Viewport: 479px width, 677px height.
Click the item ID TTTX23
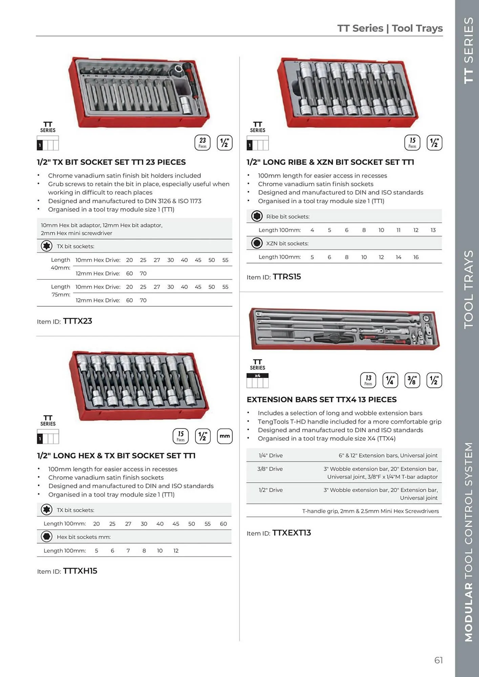[78, 321]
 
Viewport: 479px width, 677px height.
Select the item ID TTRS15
[287, 277]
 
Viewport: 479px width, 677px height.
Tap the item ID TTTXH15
[80, 571]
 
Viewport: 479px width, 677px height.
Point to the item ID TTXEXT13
[291, 533]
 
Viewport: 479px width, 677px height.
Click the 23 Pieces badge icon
[202, 143]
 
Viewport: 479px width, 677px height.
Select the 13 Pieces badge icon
[368, 380]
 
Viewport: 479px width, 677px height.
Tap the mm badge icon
[225, 436]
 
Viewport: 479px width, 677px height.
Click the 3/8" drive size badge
[412, 380]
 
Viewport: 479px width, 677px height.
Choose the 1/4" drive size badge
[390, 380]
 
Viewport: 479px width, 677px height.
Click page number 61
[438, 660]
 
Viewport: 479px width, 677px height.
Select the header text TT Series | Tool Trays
[390, 28]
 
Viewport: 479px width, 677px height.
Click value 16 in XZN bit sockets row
[416, 257]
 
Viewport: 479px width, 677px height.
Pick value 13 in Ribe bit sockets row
[433, 230]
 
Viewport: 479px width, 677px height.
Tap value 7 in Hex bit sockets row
[128, 550]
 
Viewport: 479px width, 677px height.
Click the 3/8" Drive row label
[270, 469]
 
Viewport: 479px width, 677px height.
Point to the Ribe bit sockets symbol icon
[257, 216]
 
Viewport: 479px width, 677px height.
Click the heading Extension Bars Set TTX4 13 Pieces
[321, 399]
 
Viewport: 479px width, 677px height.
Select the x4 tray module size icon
[257, 380]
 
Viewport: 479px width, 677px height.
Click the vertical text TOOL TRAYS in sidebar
[468, 289]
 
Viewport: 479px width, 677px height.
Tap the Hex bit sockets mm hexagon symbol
[46, 537]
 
